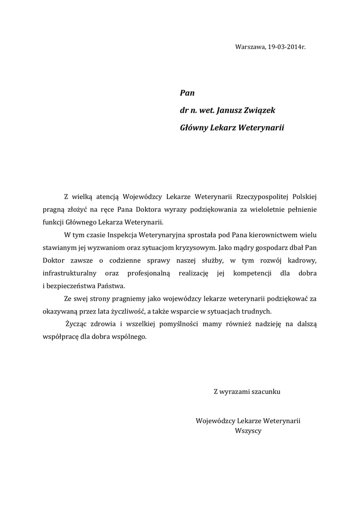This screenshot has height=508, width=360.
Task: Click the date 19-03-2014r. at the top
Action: tap(287, 47)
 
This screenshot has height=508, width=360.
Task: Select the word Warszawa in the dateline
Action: tap(250, 47)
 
